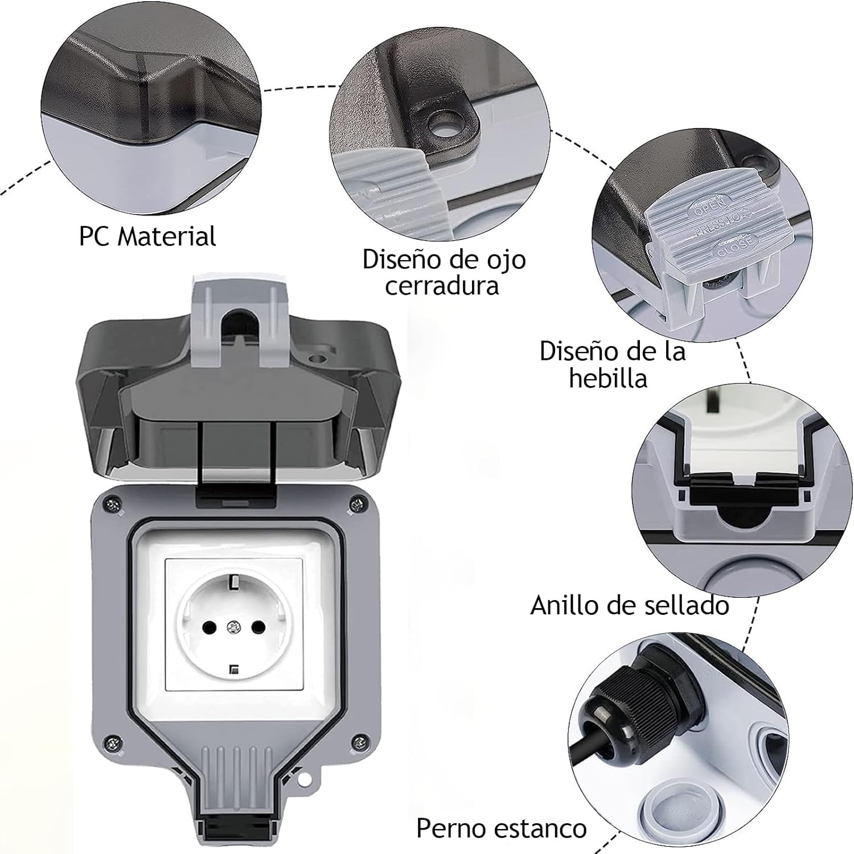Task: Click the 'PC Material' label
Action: pos(147,236)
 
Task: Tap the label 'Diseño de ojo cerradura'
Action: pos(444,272)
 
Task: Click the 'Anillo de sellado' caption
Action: pos(630,605)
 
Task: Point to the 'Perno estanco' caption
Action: pos(501,828)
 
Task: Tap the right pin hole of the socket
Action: pos(258,627)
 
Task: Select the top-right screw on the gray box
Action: pos(358,503)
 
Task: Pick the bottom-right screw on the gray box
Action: pos(359,742)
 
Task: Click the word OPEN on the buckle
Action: pos(709,207)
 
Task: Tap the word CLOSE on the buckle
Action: pos(735,246)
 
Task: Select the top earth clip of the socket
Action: pos(234,582)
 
